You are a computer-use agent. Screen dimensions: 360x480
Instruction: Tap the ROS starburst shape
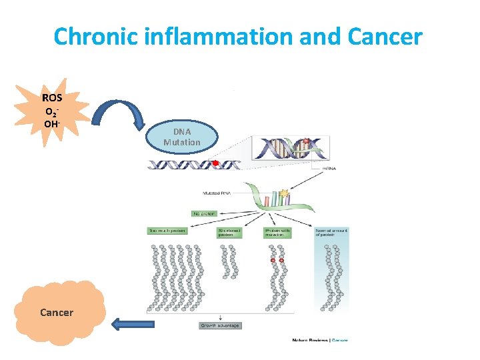(x=53, y=111)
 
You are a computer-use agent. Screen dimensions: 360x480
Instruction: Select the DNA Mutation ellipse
(x=181, y=137)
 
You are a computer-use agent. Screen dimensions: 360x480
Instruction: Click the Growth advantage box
(x=220, y=325)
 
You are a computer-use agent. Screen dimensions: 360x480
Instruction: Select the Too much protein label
(x=167, y=231)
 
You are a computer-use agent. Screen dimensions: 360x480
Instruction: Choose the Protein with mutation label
(x=277, y=233)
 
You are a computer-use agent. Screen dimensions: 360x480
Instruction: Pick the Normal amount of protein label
(x=331, y=233)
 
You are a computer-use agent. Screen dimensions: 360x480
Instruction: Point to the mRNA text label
(x=329, y=169)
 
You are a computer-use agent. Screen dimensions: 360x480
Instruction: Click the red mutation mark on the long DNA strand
(x=215, y=163)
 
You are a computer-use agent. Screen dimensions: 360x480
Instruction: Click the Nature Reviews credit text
(x=320, y=339)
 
